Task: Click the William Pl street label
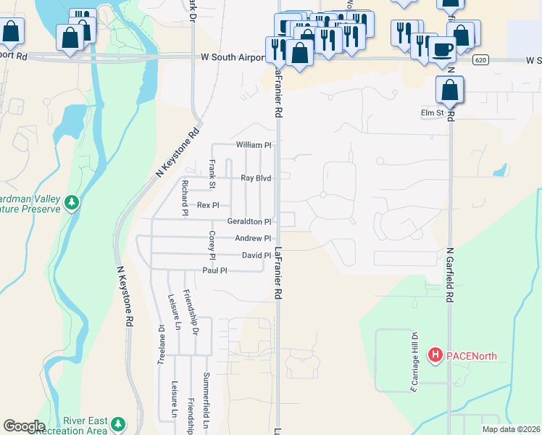(x=253, y=145)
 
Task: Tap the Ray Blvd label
(x=255, y=178)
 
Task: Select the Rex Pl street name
(x=208, y=206)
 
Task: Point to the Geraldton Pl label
(x=249, y=221)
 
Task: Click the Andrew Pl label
(x=253, y=239)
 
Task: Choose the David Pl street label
(x=257, y=255)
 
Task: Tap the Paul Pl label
(x=215, y=270)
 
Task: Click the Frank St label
(x=213, y=175)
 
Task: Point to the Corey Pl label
(x=212, y=246)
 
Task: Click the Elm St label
(x=432, y=113)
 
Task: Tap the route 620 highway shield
(x=480, y=60)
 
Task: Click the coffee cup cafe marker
(x=443, y=49)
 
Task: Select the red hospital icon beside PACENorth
(x=435, y=355)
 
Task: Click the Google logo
(x=23, y=426)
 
